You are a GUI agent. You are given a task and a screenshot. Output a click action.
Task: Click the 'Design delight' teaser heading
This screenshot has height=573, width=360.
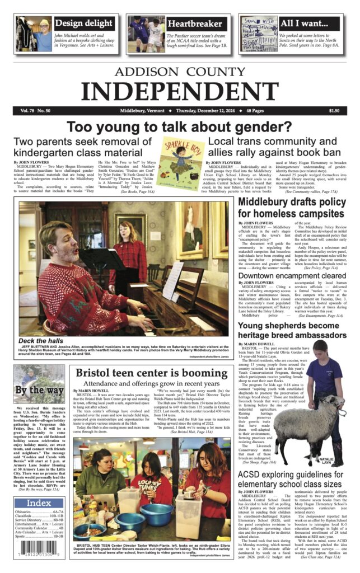84,24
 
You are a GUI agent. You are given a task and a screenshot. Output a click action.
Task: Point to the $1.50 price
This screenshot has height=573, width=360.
334,111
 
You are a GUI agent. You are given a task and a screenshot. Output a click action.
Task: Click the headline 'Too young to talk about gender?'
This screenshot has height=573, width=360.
180,127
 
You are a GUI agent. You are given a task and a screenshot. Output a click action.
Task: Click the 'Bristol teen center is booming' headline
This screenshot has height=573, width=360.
152,373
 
